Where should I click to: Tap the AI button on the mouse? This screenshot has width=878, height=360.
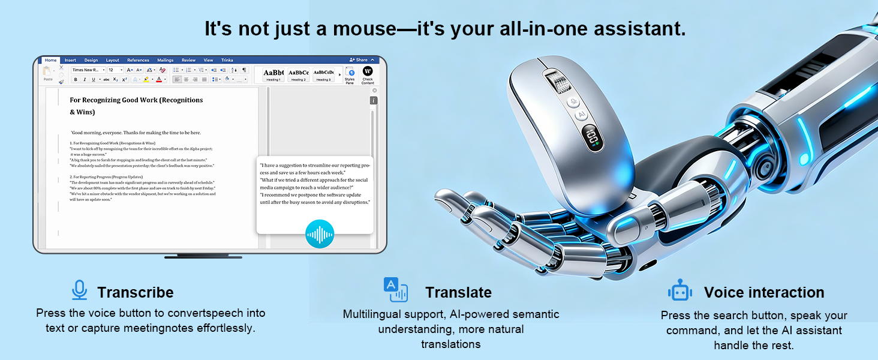pyautogui.click(x=580, y=115)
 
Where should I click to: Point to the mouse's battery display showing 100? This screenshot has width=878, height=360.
pyautogui.click(x=593, y=137)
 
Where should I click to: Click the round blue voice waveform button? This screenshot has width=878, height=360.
pyautogui.click(x=319, y=234)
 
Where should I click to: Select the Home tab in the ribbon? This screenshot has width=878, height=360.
pyautogui.click(x=50, y=60)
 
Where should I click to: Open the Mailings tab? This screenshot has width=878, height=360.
pyautogui.click(x=165, y=60)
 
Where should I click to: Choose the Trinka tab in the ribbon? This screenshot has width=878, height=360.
pyautogui.click(x=227, y=60)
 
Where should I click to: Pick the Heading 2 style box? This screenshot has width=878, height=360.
pyautogui.click(x=298, y=74)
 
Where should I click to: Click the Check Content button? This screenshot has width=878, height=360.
pyautogui.click(x=368, y=74)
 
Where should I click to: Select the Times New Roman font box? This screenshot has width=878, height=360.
pyautogui.click(x=88, y=70)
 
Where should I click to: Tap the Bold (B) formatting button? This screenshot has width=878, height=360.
pyautogui.click(x=76, y=79)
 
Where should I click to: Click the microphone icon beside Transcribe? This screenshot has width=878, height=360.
pyautogui.click(x=79, y=290)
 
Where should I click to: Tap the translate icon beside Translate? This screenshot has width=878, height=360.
pyautogui.click(x=395, y=290)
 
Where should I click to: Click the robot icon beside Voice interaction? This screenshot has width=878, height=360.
pyautogui.click(x=679, y=291)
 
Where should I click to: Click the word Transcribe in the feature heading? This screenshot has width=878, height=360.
pyautogui.click(x=135, y=292)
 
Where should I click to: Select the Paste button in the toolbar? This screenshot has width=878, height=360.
pyautogui.click(x=48, y=73)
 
